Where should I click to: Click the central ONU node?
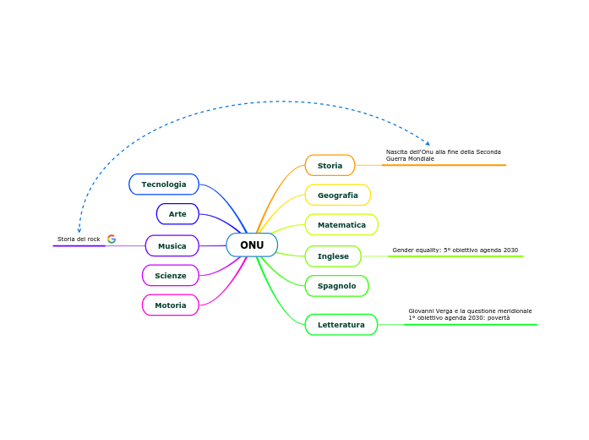pos(252,245)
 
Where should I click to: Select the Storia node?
pos(330,166)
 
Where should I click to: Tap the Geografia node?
pos(337,195)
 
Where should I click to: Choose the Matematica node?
pos(341,225)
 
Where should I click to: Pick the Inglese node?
pos(333,256)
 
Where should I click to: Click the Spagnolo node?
pos(336,286)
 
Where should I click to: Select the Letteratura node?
pos(341,325)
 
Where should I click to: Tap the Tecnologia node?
pos(164,184)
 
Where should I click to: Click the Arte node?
pos(177,214)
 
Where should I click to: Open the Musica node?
pos(172,246)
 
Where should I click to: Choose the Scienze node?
pos(171,276)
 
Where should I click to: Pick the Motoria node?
pos(171,305)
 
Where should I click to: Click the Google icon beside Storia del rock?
pos(112,239)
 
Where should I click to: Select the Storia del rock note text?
pos(79,239)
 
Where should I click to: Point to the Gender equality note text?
pos(455,250)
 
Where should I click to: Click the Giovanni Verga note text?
pos(470,314)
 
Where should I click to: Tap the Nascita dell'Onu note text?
pos(443,155)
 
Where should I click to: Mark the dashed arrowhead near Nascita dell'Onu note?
pos(428,143)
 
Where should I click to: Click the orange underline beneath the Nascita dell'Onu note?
pos(444,165)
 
